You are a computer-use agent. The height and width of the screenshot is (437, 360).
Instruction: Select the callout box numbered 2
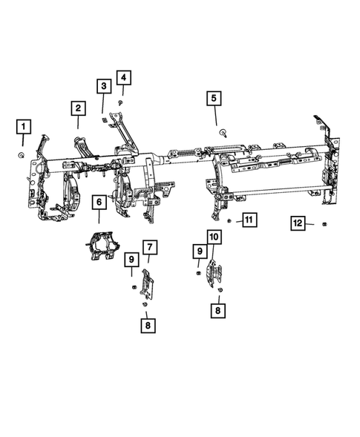77,108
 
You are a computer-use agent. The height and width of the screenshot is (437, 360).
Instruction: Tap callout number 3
104,87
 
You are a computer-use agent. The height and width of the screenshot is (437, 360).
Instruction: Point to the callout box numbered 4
122,77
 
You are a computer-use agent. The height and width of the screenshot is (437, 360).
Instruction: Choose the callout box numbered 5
215,98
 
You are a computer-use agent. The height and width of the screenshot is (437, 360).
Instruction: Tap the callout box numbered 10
213,237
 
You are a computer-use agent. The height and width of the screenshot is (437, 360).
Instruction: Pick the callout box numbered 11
249,220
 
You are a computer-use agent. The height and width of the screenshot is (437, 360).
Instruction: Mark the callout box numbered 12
297,223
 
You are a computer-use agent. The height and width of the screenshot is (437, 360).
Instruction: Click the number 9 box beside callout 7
131,259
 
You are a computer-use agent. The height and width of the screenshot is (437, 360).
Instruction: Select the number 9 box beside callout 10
199,252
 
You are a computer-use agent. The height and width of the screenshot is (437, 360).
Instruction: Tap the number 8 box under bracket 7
147,325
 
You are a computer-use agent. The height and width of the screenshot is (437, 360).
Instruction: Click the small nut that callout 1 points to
22,154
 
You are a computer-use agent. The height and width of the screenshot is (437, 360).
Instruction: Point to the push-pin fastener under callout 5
223,131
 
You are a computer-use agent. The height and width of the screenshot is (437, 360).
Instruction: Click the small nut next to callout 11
230,221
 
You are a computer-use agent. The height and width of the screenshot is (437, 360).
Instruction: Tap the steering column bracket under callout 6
101,245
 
